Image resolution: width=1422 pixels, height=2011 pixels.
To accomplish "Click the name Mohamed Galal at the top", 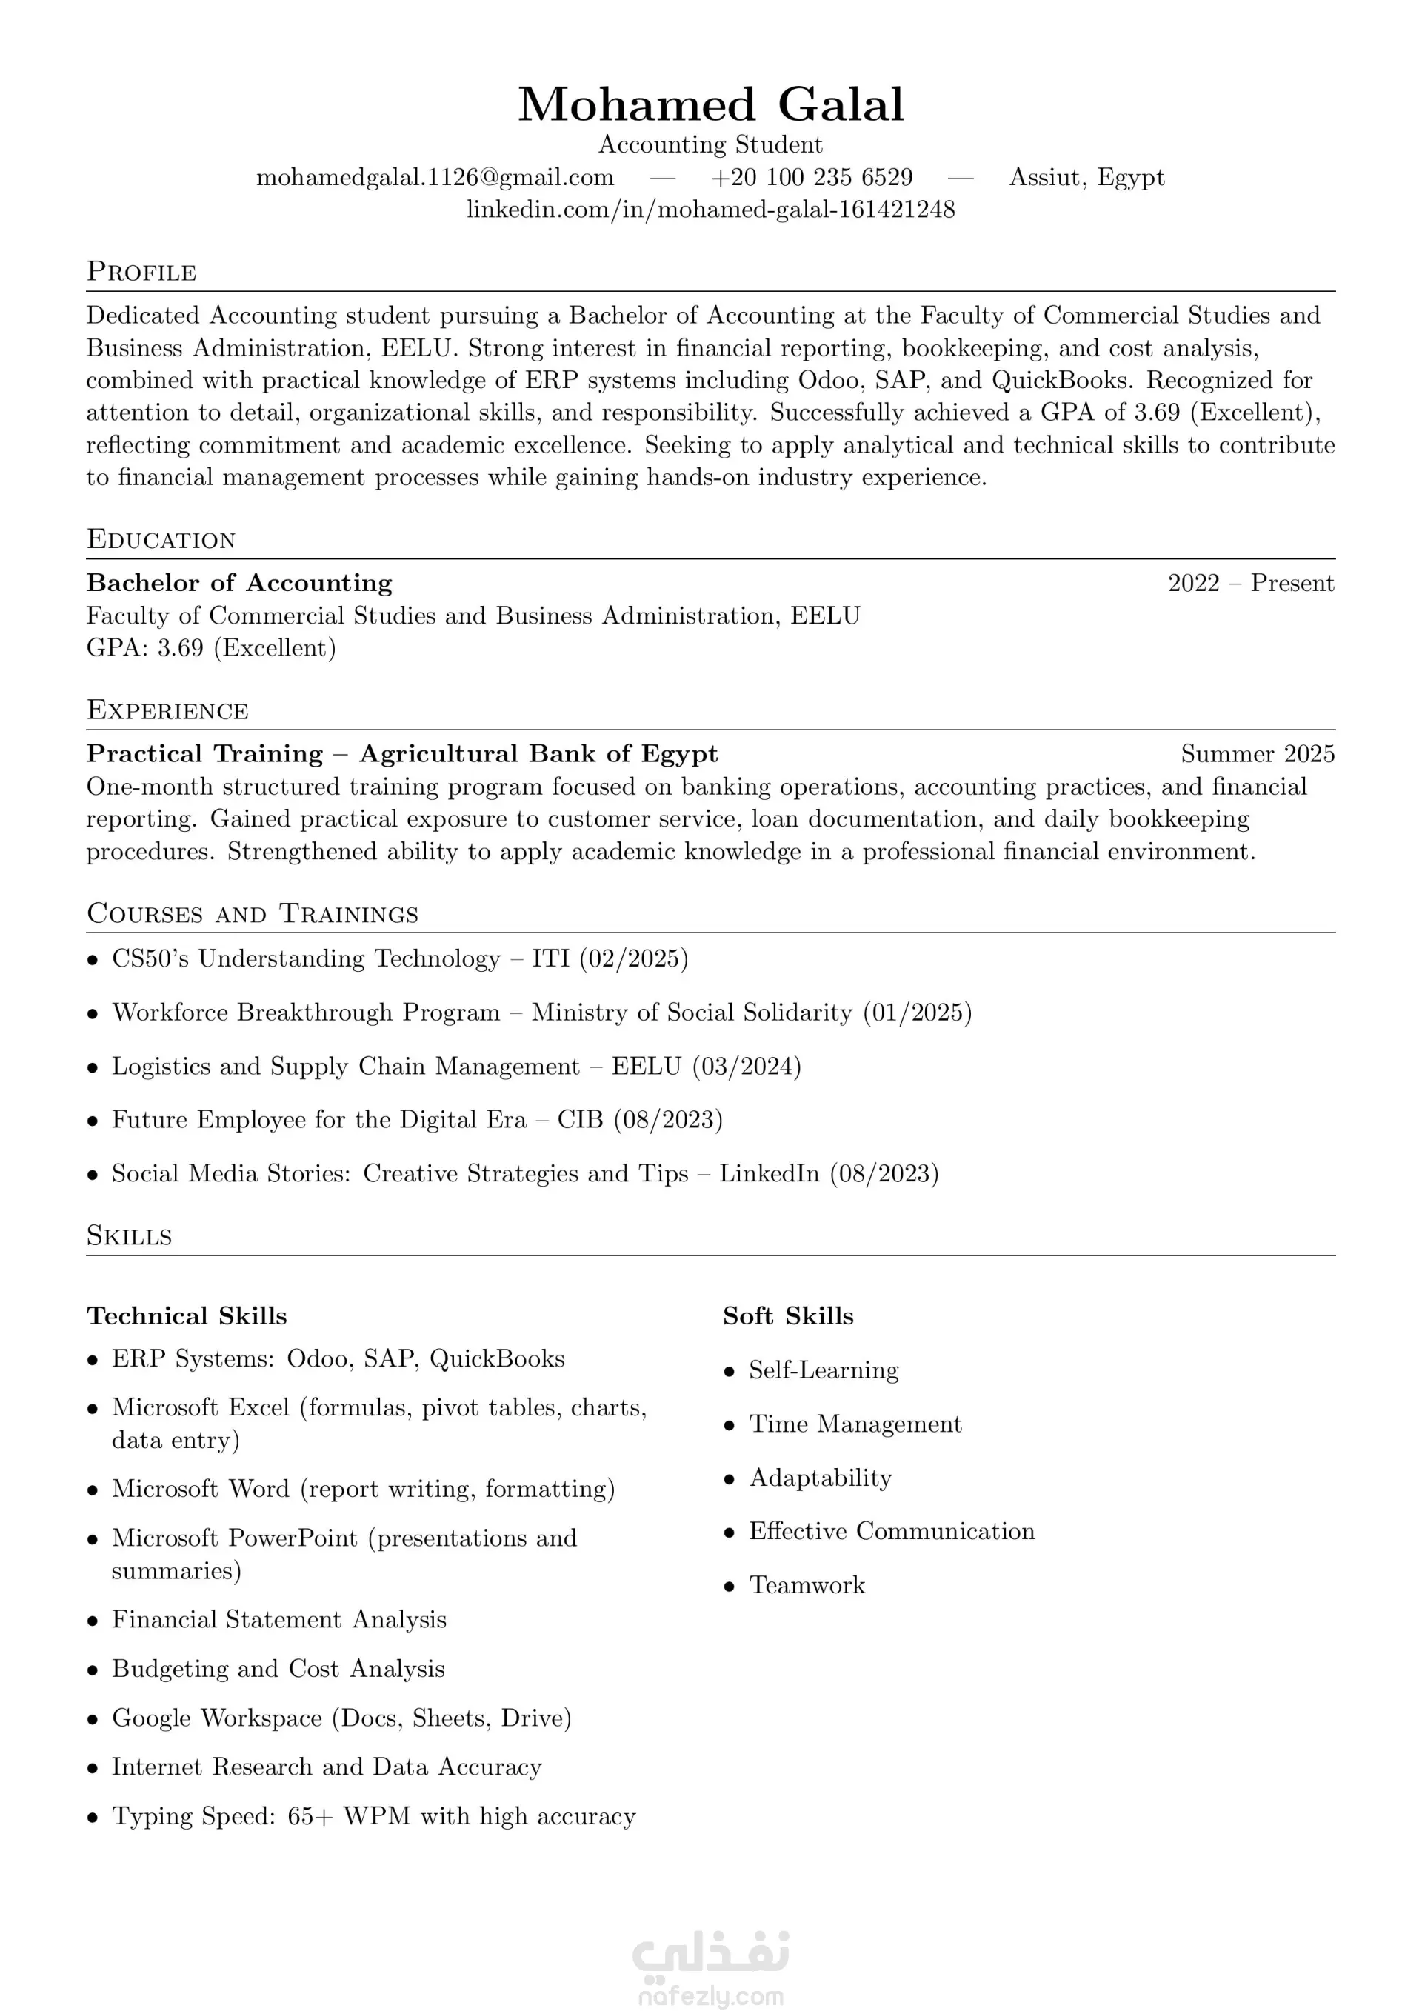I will tap(710, 104).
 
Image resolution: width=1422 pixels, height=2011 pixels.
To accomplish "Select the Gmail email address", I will tap(435, 178).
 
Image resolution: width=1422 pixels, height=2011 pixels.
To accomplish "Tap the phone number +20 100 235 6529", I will tap(812, 178).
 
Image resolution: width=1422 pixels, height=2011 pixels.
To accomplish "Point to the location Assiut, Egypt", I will tap(1086, 178).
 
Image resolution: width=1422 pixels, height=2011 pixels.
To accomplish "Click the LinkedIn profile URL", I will tap(710, 210).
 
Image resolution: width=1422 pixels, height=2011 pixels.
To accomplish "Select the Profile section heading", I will tap(141, 272).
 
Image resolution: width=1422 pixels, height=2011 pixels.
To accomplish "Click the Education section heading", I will tap(161, 539).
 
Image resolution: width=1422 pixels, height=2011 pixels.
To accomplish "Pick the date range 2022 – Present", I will tap(1250, 584).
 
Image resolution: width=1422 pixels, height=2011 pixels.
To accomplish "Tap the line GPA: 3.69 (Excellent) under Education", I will tap(211, 648).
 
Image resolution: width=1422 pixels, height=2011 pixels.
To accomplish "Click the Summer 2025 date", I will tap(1258, 754).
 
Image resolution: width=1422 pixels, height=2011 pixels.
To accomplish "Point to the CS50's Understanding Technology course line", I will tap(399, 959).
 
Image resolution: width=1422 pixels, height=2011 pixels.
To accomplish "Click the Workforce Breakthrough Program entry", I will tap(541, 1013).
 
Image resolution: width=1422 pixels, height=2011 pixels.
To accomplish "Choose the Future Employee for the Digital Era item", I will tap(417, 1120).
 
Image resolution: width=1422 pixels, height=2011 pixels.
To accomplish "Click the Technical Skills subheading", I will tap(187, 1316).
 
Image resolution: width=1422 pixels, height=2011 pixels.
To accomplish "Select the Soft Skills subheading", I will tap(788, 1316).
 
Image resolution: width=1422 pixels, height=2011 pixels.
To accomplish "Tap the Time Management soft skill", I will tap(855, 1424).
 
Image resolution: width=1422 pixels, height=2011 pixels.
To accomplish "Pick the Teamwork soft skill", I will tap(807, 1585).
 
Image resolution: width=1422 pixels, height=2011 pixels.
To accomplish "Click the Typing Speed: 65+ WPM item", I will tap(373, 1816).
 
